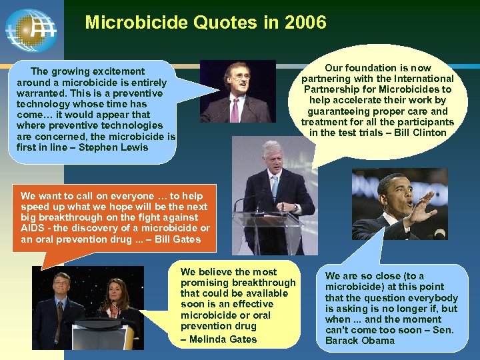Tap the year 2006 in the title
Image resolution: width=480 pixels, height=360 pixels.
click(305, 23)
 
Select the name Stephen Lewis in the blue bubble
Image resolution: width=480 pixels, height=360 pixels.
click(113, 147)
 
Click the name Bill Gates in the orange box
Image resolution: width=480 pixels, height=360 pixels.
click(177, 239)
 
